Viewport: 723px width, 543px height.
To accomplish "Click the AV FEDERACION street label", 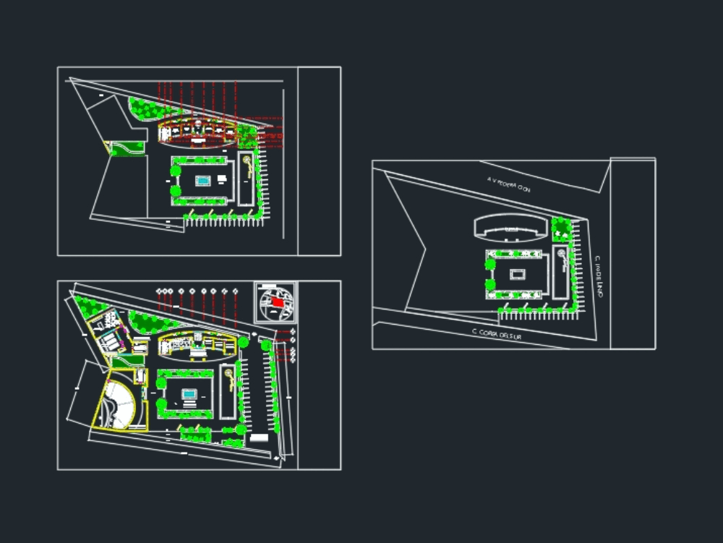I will pos(509,186).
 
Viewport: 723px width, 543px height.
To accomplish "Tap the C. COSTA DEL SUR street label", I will pos(496,334).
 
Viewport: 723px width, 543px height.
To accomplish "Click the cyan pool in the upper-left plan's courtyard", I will pos(203,181).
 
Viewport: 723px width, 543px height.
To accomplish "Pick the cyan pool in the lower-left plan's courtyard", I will pos(189,395).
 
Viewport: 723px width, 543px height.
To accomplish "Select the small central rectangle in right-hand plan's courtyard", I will pos(518,274).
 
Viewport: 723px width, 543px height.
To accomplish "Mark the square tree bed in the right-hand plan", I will pos(561,229).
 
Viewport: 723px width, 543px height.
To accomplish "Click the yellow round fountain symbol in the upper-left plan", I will pos(247,160).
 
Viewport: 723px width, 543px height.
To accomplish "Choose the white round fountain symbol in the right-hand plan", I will pos(561,254).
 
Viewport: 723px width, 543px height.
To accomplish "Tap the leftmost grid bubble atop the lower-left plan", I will pos(160,291).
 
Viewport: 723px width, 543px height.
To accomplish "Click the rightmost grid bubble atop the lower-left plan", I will pos(236,291).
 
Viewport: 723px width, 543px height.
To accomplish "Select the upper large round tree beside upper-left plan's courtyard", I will pos(175,171).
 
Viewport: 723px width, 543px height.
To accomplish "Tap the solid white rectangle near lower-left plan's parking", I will pos(259,437).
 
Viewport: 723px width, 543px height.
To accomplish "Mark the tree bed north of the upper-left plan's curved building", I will pos(148,108).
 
